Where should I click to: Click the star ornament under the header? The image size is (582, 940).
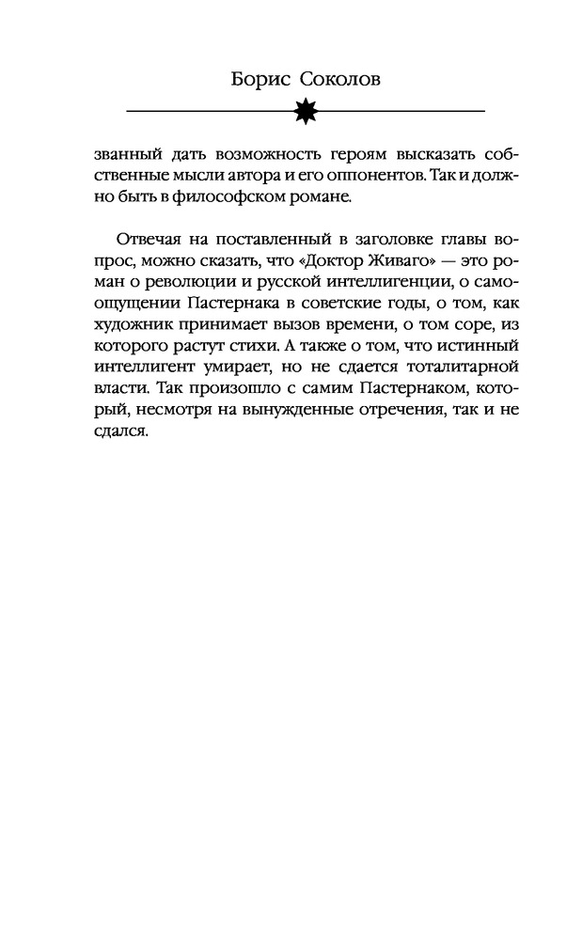point(306,111)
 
